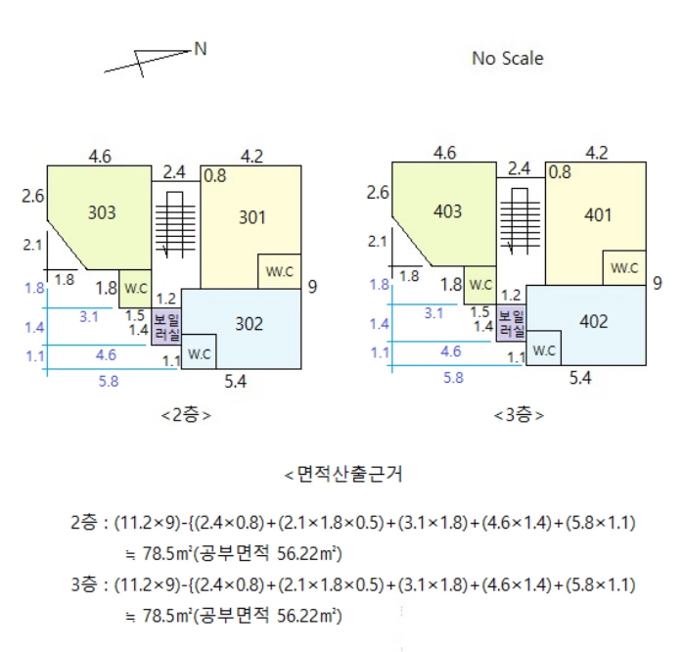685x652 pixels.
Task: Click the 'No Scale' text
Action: pyautogui.click(x=507, y=59)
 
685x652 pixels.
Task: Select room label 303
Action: pyautogui.click(x=102, y=211)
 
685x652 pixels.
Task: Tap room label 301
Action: pyautogui.click(x=252, y=217)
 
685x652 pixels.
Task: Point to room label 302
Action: pyautogui.click(x=250, y=324)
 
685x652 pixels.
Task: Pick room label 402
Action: pyautogui.click(x=593, y=321)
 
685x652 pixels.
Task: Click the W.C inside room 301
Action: pyautogui.click(x=279, y=271)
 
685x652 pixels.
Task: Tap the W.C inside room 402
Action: pyautogui.click(x=544, y=349)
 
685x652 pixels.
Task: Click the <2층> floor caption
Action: pyautogui.click(x=186, y=414)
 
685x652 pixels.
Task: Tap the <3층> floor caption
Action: pyautogui.click(x=519, y=414)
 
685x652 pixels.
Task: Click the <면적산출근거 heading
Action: pyautogui.click(x=342, y=476)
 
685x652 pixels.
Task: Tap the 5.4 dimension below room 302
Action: pyautogui.click(x=235, y=381)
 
